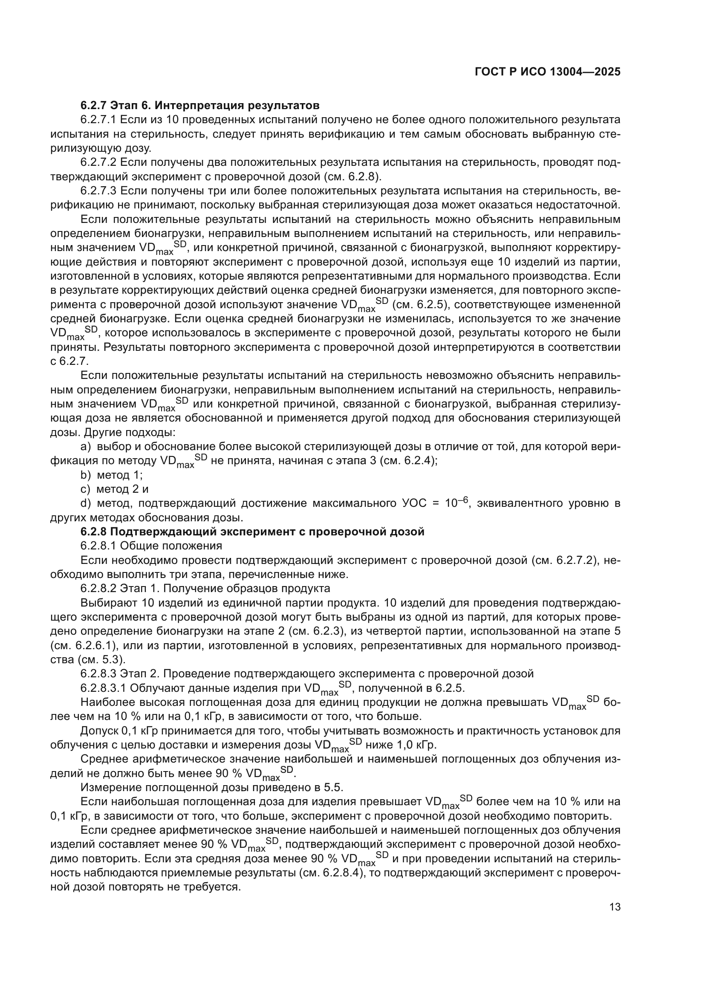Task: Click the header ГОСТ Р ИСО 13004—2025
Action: click(547, 72)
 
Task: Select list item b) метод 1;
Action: click(112, 474)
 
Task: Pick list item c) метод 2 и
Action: click(115, 489)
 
